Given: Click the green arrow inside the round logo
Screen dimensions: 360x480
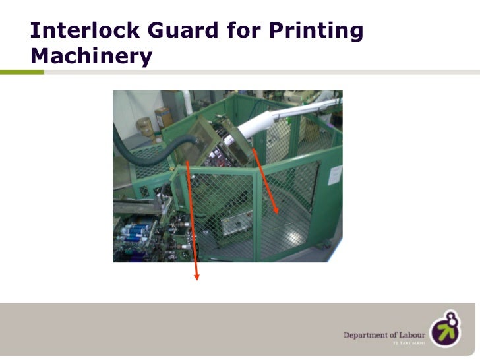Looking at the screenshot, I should pos(445,333).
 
